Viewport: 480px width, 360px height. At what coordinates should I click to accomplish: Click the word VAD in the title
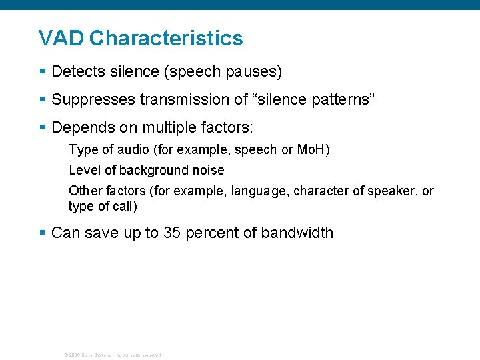[61, 38]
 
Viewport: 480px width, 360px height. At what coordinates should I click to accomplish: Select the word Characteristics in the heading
[166, 38]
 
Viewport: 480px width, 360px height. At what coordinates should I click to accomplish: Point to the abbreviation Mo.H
[310, 150]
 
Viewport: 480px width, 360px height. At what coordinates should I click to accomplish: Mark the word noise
[208, 171]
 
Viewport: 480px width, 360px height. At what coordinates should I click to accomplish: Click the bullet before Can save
[43, 233]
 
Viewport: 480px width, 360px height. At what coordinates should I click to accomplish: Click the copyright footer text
[112, 355]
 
